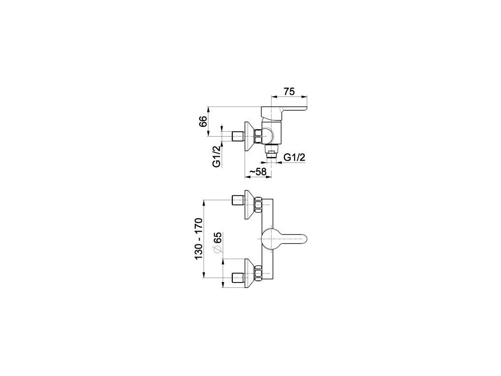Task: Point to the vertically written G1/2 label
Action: click(216, 157)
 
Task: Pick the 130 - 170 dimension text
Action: click(200, 239)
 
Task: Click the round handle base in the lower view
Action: click(269, 238)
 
